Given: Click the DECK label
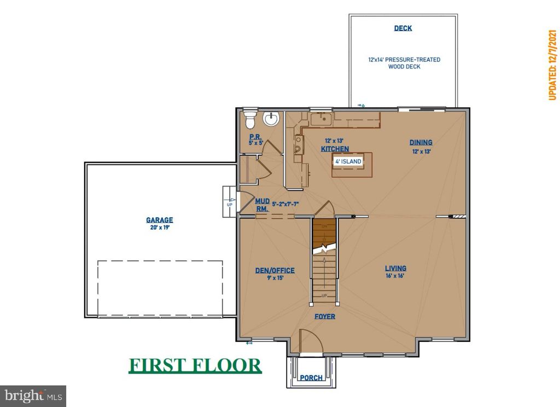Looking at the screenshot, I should (403, 28).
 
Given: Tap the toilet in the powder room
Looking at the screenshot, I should (249, 118).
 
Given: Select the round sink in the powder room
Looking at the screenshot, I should (271, 119).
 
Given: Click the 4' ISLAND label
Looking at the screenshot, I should (348, 161).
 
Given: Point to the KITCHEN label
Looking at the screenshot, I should (335, 149).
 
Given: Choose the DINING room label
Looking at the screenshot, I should (421, 143).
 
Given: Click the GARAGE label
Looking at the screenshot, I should (159, 220).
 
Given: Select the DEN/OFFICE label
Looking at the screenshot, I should (275, 270).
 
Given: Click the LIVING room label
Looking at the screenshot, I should (395, 268).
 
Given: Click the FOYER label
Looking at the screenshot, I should (325, 316).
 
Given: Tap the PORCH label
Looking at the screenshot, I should (310, 377).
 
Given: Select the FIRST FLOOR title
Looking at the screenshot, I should (195, 365).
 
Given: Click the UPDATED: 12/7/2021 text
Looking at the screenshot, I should (552, 65).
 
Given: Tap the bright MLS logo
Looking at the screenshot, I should (33, 395).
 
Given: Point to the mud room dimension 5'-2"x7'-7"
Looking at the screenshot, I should (285, 205).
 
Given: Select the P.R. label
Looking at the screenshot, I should (254, 137).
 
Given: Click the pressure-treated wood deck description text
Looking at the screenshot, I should (403, 63).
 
